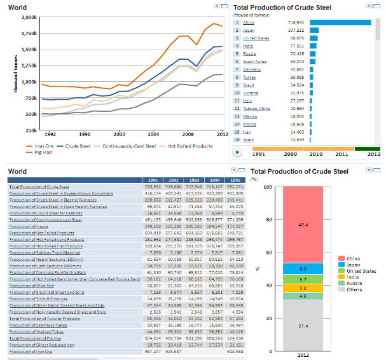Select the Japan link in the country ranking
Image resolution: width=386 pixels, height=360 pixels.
pos(249,30)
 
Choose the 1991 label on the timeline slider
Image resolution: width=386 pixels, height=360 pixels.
pos(259,153)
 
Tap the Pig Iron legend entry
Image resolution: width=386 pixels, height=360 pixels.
pos(42,153)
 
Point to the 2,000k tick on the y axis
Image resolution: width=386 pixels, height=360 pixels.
pos(29,17)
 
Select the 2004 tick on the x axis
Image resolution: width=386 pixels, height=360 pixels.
pos(153,135)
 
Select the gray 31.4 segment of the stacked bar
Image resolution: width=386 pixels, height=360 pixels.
pos(302,326)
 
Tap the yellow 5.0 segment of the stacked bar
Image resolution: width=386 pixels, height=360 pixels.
pos(302,288)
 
